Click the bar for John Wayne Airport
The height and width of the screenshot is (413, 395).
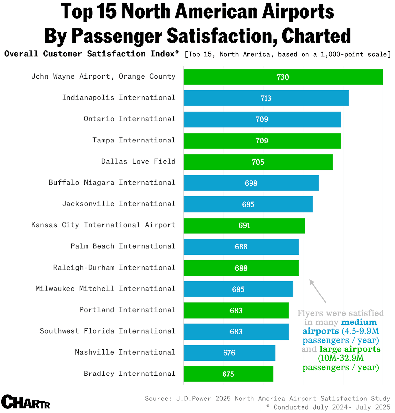pyautogui.click(x=283, y=77)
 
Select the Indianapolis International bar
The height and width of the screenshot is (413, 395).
pyautogui.click(x=266, y=98)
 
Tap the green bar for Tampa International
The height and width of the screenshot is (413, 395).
pyautogui.click(x=262, y=141)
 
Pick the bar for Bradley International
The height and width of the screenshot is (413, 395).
pyautogui.click(x=228, y=374)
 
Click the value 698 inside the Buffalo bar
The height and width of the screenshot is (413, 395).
pyautogui.click(x=251, y=183)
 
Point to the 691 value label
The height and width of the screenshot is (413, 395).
pyautogui.click(x=244, y=226)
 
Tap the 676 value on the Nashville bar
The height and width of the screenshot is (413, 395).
pyautogui.click(x=229, y=353)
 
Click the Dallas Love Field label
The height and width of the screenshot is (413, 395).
pyautogui.click(x=138, y=161)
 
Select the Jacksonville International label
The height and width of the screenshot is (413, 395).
pyautogui.click(x=119, y=204)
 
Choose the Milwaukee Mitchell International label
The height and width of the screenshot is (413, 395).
pyautogui.click(x=105, y=289)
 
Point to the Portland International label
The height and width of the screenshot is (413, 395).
pyautogui.click(x=127, y=310)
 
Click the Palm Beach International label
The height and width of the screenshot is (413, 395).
pyautogui.click(x=123, y=246)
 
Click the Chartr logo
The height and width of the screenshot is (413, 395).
pyautogui.click(x=26, y=402)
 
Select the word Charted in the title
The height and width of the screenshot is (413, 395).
pyautogui.click(x=316, y=36)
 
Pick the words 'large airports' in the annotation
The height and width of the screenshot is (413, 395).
pyautogui.click(x=350, y=349)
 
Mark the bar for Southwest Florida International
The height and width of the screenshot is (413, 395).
pyautogui.click(x=236, y=332)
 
